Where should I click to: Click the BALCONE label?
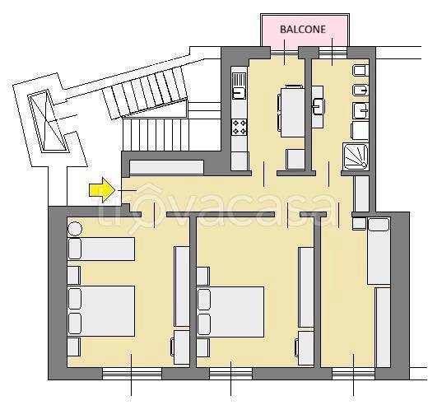point(303,29)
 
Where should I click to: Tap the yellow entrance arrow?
point(102,190)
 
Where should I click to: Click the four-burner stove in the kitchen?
point(239,128)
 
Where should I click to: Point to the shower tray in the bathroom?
point(356,156)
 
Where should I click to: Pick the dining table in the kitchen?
point(292,112)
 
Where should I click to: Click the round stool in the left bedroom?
point(75,228)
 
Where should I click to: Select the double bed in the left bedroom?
point(101,311)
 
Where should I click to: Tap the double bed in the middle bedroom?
point(230,312)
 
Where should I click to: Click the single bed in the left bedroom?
point(101,249)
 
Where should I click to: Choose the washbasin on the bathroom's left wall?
point(318,106)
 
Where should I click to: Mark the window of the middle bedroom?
point(230,374)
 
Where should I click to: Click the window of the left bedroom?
point(132,374)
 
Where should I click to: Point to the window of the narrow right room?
point(353,374)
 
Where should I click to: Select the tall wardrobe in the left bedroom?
point(182,286)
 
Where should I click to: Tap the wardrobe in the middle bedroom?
point(306,287)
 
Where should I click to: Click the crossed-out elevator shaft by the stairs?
point(48,121)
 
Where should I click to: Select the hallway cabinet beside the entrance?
point(166,167)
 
